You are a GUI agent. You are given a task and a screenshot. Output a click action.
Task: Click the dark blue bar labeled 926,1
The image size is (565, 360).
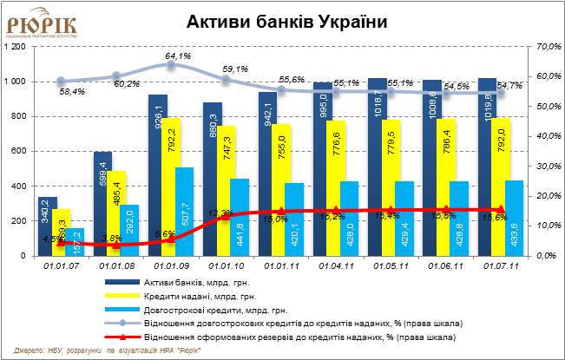click(x=157, y=173)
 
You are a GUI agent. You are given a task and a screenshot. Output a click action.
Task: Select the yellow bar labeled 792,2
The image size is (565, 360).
click(x=171, y=187)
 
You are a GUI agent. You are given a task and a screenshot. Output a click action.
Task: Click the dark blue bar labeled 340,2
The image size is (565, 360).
click(x=48, y=226)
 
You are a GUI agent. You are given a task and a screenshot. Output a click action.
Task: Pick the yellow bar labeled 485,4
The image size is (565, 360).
click(x=116, y=213)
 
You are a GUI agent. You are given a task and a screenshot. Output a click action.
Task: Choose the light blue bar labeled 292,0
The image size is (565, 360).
click(x=129, y=230)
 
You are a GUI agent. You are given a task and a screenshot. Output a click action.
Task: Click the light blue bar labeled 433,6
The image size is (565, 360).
click(x=514, y=218)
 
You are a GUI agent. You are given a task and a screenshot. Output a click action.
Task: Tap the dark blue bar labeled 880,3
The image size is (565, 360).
click(x=213, y=179)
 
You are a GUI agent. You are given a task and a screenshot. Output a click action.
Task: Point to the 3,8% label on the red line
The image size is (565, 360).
click(x=111, y=238)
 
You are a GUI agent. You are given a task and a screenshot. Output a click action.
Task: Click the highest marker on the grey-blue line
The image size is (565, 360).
click(x=171, y=63)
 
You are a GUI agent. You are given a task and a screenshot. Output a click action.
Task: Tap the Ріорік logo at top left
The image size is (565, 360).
click(x=41, y=23)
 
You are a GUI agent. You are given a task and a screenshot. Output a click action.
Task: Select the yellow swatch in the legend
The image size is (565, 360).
click(x=122, y=296)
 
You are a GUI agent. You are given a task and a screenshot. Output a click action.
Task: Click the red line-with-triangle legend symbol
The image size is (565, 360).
click(x=122, y=337)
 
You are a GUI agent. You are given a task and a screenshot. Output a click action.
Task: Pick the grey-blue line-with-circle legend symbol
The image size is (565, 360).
click(x=122, y=323)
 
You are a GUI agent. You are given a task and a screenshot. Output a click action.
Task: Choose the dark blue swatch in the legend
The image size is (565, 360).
click(x=122, y=282)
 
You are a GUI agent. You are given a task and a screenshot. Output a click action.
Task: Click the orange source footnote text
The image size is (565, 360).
click(x=108, y=350)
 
